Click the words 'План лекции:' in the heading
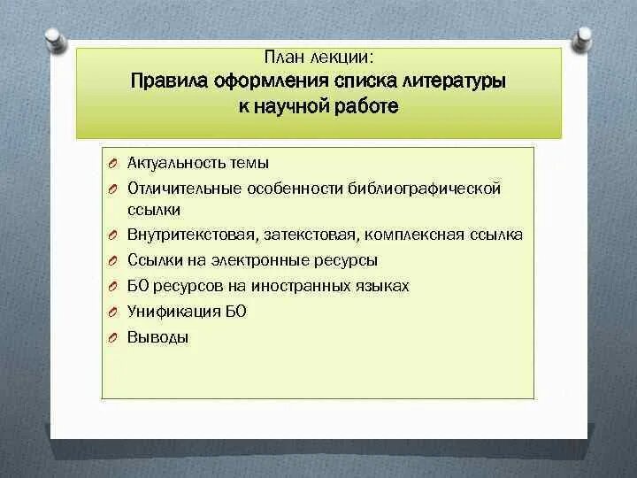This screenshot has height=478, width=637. pos(318,58)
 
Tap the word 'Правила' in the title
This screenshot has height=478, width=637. pos(169,81)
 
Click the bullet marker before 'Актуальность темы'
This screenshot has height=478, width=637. pos(114,164)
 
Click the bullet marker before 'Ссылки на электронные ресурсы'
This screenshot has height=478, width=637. pos(114,261)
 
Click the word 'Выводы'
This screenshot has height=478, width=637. pos(158,337)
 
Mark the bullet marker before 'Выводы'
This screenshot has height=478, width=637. pos(114,337)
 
